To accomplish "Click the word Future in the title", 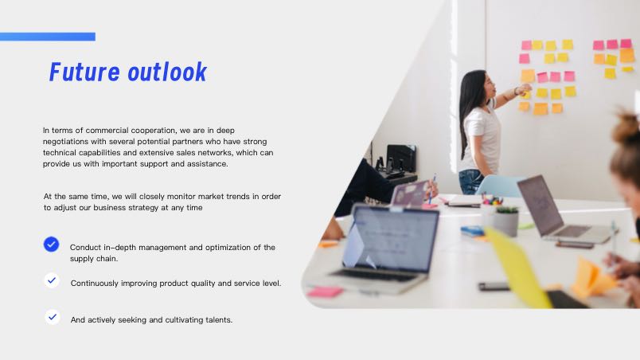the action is [x=84, y=72].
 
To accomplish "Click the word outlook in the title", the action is [x=167, y=72].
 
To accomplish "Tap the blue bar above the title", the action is [x=48, y=37].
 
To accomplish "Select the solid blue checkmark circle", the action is [x=52, y=244].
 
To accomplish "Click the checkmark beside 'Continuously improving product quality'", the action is [x=52, y=280].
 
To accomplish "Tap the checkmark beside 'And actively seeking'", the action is [x=53, y=317].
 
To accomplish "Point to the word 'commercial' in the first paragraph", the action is [x=107, y=131].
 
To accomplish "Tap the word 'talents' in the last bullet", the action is [x=218, y=320].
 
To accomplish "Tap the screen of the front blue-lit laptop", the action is [x=390, y=239].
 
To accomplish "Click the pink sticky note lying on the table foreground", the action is [x=325, y=292].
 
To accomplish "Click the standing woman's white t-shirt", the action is [x=482, y=138].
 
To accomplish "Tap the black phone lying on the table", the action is [x=494, y=286].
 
